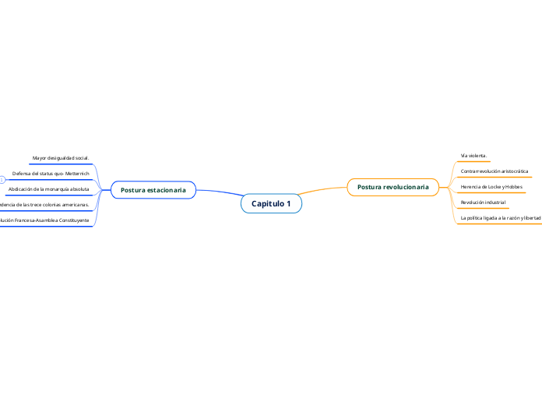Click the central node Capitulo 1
point(271,204)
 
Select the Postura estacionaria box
point(153,190)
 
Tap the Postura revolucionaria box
point(392,187)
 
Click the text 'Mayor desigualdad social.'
point(61,158)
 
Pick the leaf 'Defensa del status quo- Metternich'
point(51,173)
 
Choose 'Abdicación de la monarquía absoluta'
point(48,189)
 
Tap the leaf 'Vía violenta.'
point(473,155)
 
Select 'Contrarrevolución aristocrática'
point(494,171)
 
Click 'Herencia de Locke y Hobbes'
point(491,187)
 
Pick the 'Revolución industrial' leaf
point(483,202)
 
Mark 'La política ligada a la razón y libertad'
point(500,218)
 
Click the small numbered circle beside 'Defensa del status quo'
point(2,180)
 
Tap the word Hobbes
point(512,187)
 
